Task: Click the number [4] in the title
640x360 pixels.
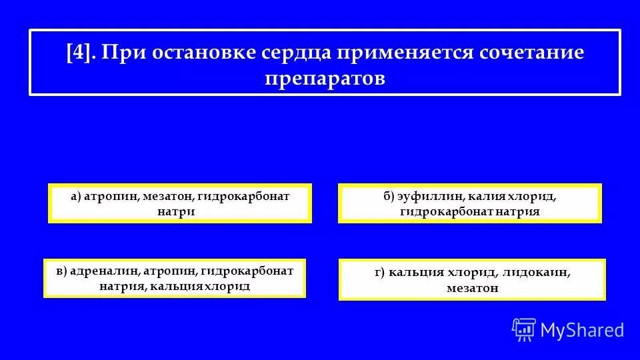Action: (x=81, y=52)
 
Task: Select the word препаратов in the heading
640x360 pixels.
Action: (x=325, y=77)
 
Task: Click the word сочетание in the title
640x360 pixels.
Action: (x=531, y=52)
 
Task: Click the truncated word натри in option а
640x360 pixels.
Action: (x=180, y=211)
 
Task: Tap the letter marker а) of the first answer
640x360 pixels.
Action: (x=75, y=197)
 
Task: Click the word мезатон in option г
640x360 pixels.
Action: (x=473, y=288)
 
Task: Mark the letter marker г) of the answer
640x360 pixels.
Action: (x=381, y=273)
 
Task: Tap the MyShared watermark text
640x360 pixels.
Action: (x=582, y=329)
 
